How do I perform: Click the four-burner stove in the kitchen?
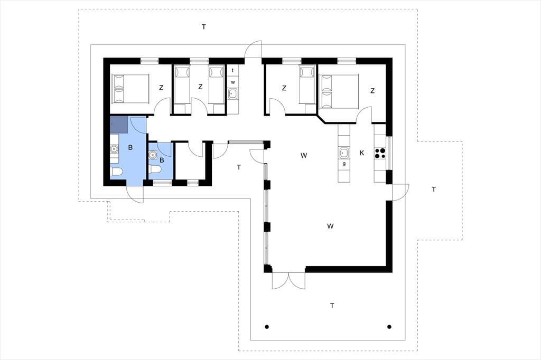tap(380, 153)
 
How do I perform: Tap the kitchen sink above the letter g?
tap(344, 153)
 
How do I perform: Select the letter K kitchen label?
tap(361, 153)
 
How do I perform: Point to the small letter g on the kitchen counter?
tap(344, 164)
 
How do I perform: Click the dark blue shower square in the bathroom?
tap(118, 125)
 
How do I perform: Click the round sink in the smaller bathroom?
tap(152, 155)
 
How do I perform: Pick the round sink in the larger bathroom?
tap(114, 149)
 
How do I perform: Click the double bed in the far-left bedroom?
tap(129, 89)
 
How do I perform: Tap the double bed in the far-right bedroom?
tap(340, 91)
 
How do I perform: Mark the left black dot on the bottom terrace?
tap(267, 327)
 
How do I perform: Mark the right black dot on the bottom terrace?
tap(389, 327)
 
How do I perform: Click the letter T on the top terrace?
tap(204, 26)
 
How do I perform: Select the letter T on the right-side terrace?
tap(434, 190)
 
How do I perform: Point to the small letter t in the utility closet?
tap(232, 70)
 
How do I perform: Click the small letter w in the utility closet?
tap(233, 82)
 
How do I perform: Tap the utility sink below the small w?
tap(233, 93)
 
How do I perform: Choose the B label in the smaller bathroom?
tap(162, 160)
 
